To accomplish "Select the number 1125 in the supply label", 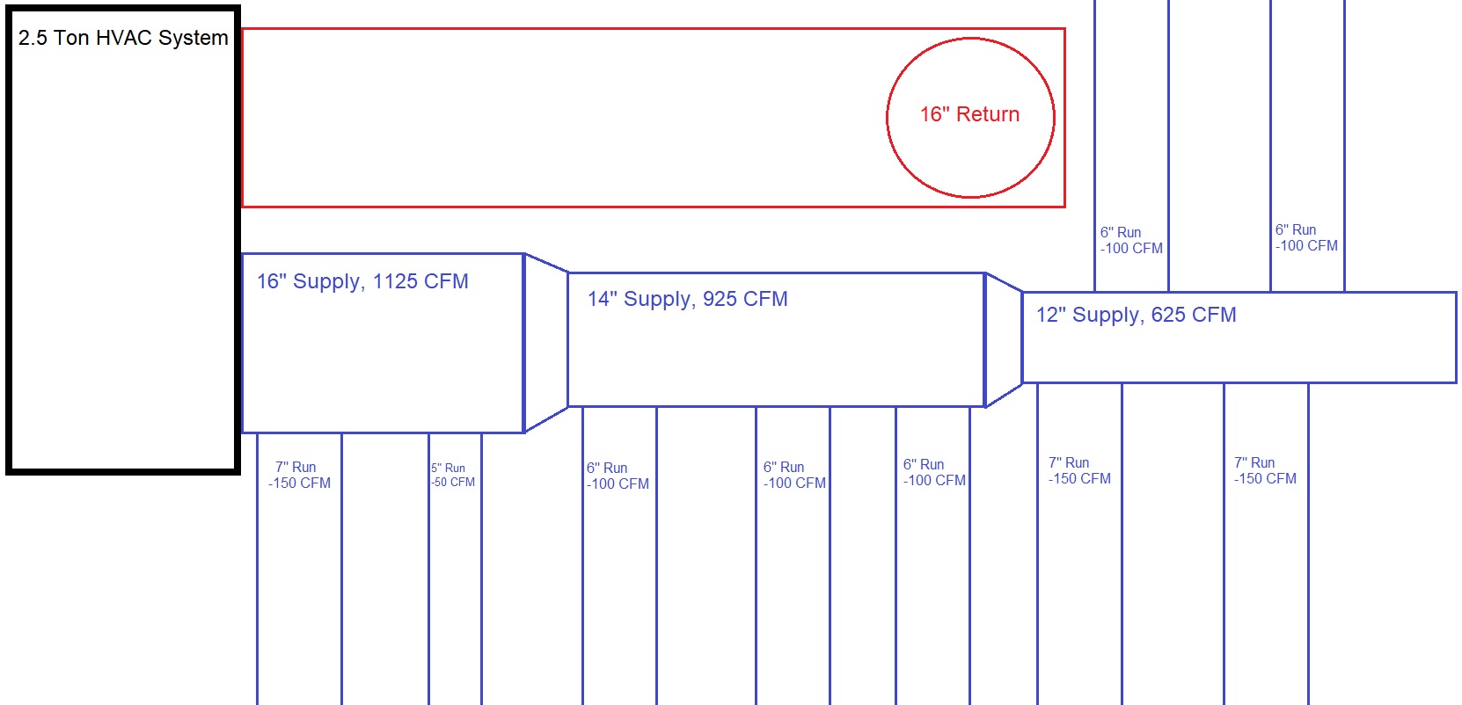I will point(395,281).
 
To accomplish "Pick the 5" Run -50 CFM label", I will point(453,476).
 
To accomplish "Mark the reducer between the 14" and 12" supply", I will point(1004,339).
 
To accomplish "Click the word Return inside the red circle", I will point(988,114).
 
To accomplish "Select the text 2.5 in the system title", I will point(33,38).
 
